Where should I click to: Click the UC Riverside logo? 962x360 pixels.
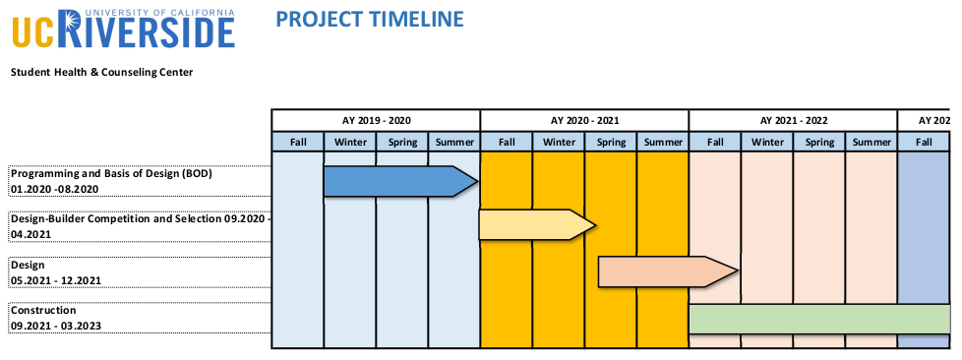123,29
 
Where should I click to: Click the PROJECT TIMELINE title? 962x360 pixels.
369,19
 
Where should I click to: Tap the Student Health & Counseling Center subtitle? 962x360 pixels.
102,73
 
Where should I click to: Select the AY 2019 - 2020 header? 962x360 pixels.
376,120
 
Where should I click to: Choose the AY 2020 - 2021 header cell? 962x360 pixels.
584,120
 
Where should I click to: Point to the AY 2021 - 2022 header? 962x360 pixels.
793,120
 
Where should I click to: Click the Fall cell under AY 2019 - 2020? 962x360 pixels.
298,143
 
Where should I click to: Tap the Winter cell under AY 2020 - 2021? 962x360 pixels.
559,143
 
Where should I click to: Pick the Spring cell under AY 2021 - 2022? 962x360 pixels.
819,143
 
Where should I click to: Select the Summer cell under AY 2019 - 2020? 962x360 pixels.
454,143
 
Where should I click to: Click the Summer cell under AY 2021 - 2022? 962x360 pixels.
872,143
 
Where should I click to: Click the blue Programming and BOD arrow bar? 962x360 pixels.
400,182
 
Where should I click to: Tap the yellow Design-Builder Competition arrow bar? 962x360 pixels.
537,225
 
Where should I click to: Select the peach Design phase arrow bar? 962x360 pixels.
668,271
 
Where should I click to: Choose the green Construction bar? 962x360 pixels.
819,319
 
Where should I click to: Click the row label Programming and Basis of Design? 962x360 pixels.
111,173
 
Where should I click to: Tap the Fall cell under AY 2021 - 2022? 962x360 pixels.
715,143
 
